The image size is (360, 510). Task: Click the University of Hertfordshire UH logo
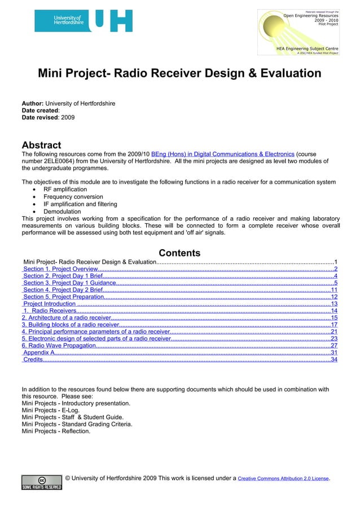[84, 21]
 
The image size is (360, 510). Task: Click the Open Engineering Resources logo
[298, 32]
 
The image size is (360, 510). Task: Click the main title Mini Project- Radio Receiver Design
[179, 74]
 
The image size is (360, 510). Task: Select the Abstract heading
[41, 145]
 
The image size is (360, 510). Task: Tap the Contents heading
[179, 253]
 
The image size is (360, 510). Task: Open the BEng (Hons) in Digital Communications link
[222, 154]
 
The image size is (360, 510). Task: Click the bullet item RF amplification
[65, 189]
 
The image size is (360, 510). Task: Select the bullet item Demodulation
[62, 212]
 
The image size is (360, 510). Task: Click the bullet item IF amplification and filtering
[80, 204]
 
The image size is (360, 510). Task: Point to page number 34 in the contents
[333, 359]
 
